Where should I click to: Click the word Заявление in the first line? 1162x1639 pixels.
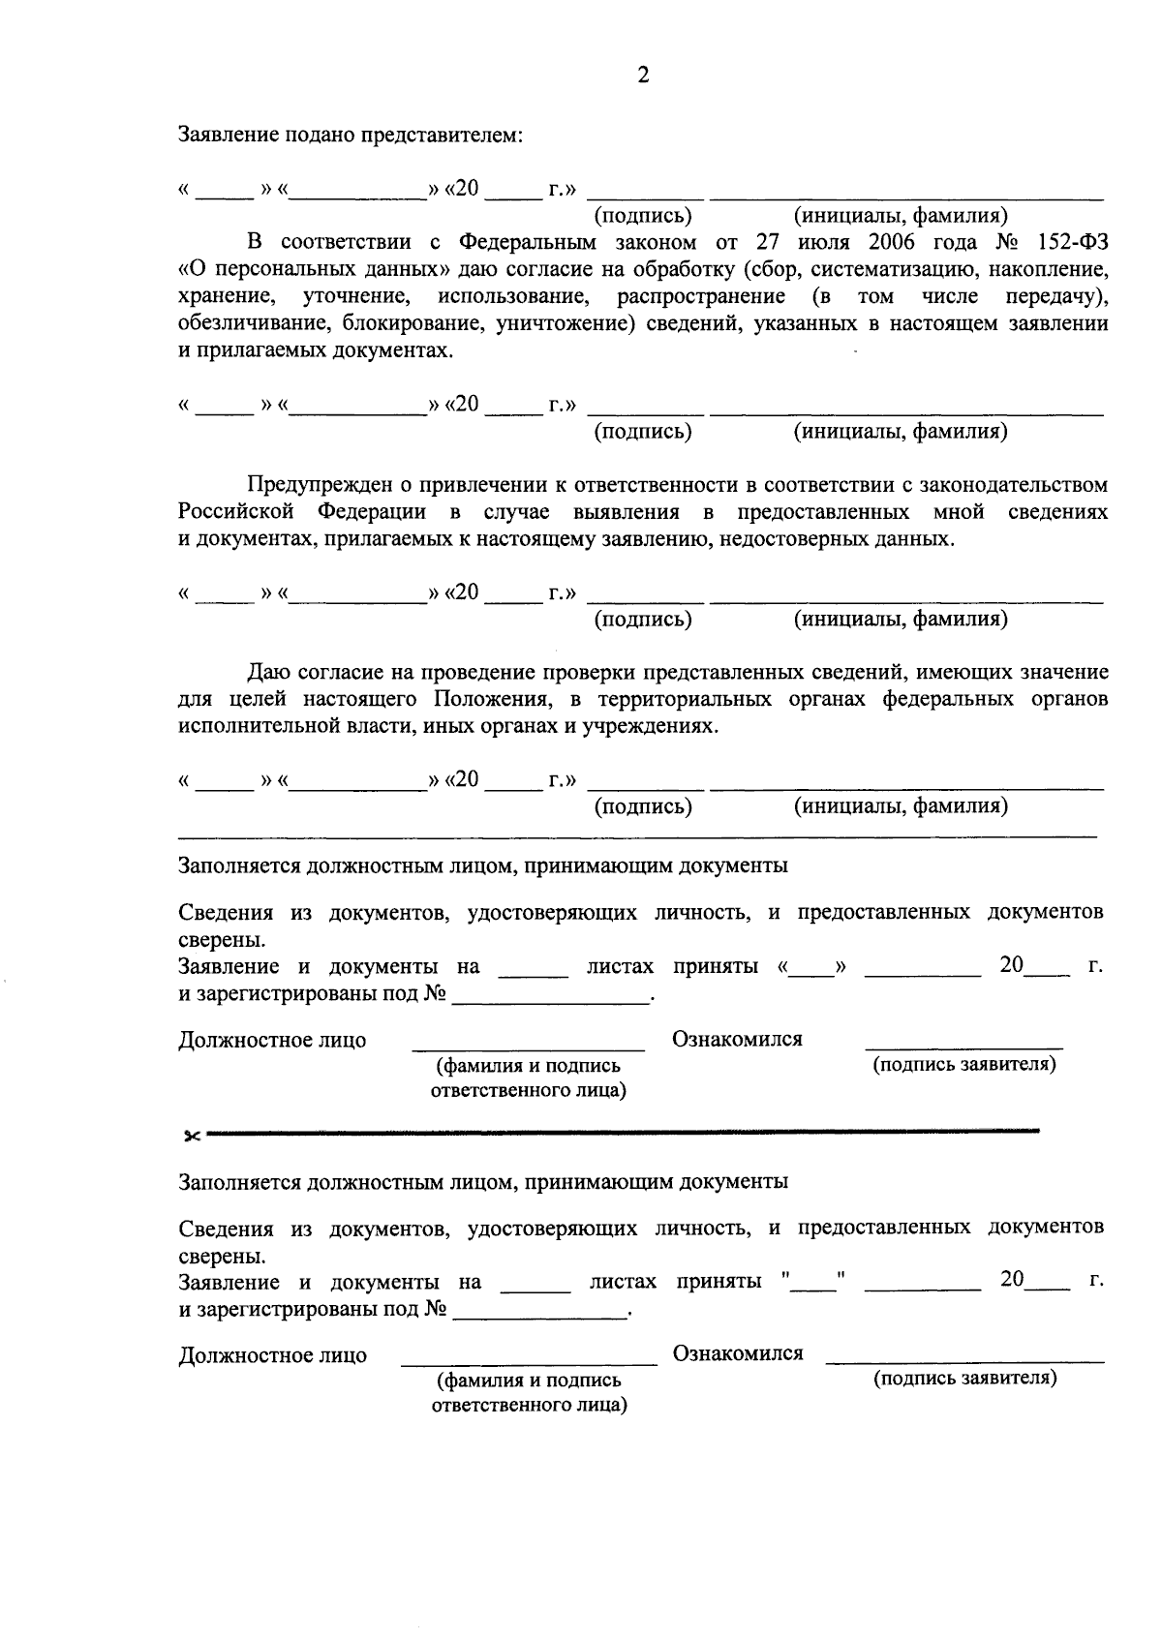[227, 135]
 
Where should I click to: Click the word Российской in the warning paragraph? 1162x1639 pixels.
[235, 511]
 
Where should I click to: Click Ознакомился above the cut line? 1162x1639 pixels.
[737, 1040]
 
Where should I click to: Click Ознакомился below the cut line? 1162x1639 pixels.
[738, 1353]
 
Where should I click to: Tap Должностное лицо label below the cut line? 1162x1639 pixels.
[272, 1355]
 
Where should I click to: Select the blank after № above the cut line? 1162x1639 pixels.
[550, 997]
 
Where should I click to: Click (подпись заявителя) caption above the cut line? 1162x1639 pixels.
[963, 1065]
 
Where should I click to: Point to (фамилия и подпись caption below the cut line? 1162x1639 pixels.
[529, 1380]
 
